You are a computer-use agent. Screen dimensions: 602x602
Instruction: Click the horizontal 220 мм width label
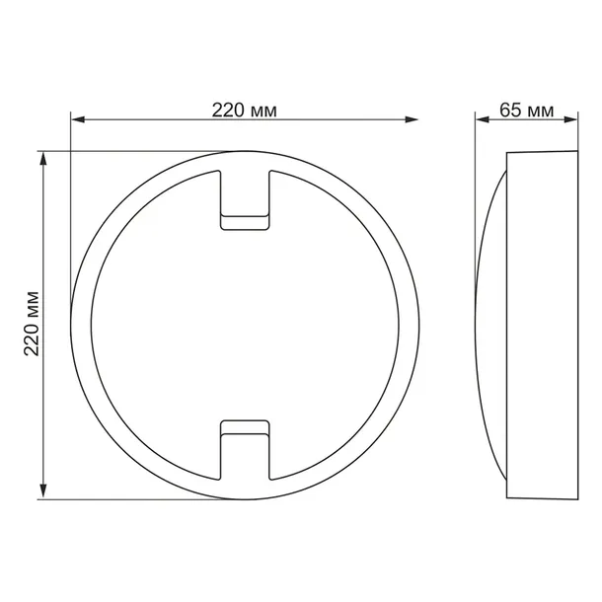[244, 110]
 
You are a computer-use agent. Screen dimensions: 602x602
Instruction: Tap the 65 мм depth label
[526, 110]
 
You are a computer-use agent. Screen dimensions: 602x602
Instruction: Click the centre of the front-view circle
[244, 325]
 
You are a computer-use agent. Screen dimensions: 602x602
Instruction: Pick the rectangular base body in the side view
[540, 325]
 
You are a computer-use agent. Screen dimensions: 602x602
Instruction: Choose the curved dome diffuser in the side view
[490, 325]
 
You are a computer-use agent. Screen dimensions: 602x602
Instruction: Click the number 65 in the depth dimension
[510, 110]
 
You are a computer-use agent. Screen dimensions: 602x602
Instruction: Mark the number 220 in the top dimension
[228, 110]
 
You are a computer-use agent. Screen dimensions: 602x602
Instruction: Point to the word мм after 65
[540, 110]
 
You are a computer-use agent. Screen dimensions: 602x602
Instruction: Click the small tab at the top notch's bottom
[243, 223]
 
